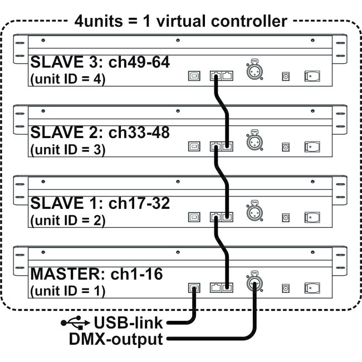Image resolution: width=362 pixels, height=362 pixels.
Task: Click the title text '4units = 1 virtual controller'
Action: (x=180, y=22)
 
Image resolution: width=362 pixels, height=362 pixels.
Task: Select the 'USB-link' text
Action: (x=129, y=322)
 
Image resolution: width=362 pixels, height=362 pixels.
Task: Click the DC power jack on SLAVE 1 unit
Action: (x=286, y=217)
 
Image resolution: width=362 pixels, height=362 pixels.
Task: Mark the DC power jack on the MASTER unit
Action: (x=286, y=288)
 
